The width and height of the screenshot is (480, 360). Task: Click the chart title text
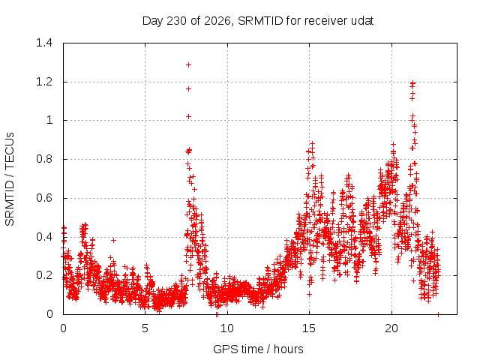258,21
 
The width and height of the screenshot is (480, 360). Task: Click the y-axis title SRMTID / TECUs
10,179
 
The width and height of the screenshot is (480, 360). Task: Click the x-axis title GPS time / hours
258,349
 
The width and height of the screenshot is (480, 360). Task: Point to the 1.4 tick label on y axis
44,43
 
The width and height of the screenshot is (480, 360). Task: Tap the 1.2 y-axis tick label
44,82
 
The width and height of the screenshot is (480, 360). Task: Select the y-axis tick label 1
49,120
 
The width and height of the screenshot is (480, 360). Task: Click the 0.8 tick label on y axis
44,159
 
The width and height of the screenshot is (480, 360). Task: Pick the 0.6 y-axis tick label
44,198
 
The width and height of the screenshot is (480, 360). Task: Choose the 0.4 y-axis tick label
44,237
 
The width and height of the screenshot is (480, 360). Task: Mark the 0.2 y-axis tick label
44,275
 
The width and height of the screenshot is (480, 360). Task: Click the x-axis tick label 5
145,328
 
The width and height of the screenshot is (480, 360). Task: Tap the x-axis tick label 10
227,328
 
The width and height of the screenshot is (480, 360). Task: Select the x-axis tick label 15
309,328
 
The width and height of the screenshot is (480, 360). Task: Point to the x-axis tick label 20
391,328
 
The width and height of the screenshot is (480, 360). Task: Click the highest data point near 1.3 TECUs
188,65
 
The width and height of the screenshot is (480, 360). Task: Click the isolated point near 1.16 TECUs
188,88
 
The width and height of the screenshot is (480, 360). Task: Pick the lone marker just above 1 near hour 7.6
188,117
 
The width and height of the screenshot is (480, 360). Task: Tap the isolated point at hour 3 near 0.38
113,240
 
